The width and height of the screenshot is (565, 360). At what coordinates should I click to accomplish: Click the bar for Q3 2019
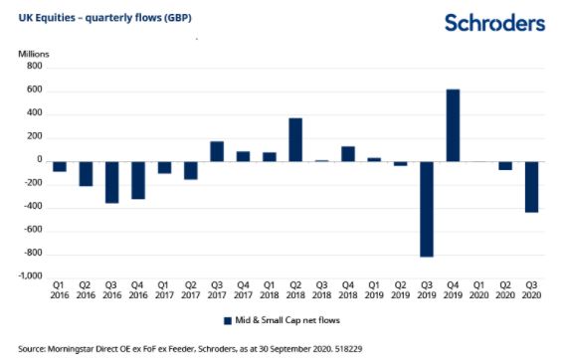pos(427,209)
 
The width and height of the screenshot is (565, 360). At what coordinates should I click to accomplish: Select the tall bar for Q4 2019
pos(453,125)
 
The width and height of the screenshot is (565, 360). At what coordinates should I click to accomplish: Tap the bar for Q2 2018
pos(295,140)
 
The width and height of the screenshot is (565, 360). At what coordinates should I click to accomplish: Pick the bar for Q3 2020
pos(531,187)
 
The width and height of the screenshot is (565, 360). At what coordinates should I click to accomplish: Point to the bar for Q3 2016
pos(112,182)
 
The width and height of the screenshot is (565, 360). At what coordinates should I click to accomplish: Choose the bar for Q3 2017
pos(217,151)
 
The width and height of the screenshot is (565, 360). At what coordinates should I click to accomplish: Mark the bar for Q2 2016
pos(86,174)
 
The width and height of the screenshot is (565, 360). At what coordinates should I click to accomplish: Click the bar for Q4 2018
pos(348,154)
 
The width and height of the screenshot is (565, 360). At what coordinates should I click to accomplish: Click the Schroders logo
pos(494,23)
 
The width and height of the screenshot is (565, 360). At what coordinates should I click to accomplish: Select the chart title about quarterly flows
pos(104,18)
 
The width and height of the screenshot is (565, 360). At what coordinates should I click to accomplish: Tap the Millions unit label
pos(34,54)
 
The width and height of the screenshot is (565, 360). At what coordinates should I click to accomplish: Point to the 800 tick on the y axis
pos(35,66)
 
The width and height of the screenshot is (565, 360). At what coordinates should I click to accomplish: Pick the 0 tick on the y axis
pos(40,159)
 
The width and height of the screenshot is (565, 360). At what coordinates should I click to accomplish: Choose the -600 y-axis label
pos(33,229)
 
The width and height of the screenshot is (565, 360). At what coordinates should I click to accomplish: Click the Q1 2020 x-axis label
pos(478,290)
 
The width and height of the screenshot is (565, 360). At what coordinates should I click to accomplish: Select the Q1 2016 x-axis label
pos(60,290)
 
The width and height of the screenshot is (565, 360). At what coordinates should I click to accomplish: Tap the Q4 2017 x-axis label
pos(244,290)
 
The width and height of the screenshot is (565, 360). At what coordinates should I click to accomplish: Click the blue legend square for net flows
pos(228,321)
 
